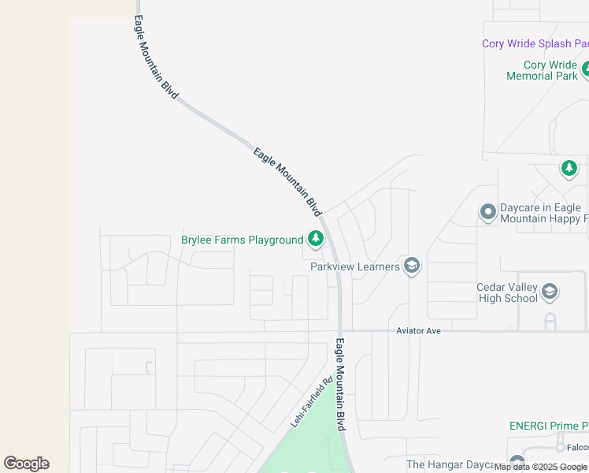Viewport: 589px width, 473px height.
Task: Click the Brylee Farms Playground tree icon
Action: [x=316, y=238]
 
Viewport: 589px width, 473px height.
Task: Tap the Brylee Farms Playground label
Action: [x=242, y=240]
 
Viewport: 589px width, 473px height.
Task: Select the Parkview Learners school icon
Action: [x=411, y=266]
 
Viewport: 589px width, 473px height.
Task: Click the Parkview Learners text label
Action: [x=355, y=267]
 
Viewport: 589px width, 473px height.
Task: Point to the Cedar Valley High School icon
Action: [x=550, y=293]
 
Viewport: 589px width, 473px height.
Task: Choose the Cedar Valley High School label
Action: [x=507, y=293]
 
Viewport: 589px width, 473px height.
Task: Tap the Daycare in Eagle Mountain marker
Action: [x=488, y=212]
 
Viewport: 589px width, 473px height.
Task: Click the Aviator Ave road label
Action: [x=417, y=331]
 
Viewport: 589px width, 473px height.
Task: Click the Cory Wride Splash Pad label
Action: [x=535, y=44]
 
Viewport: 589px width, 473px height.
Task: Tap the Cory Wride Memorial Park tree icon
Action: [x=585, y=71]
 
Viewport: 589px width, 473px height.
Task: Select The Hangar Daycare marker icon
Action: [x=517, y=463]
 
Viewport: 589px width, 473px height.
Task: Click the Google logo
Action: [x=26, y=464]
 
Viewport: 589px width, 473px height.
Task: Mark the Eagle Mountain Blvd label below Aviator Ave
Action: [x=341, y=385]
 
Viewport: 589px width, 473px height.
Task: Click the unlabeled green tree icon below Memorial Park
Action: [x=569, y=169]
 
